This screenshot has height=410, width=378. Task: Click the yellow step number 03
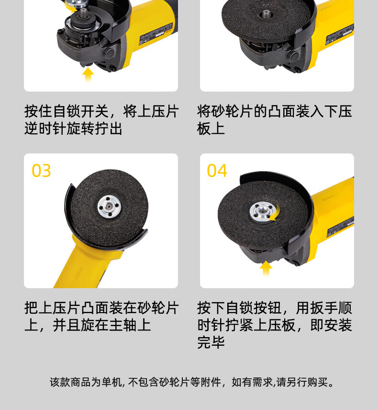coord(41,171)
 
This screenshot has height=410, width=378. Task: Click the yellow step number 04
coord(217,171)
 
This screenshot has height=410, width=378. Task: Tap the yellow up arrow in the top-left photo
coord(88,74)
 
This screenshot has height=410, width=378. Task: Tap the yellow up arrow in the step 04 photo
coord(266,268)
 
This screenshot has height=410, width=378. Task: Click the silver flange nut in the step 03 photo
coord(109,207)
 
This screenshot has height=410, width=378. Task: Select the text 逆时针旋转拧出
coord(73,129)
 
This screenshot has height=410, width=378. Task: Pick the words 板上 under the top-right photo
coord(211,129)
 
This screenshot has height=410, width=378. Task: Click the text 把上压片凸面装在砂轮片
coord(101,308)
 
